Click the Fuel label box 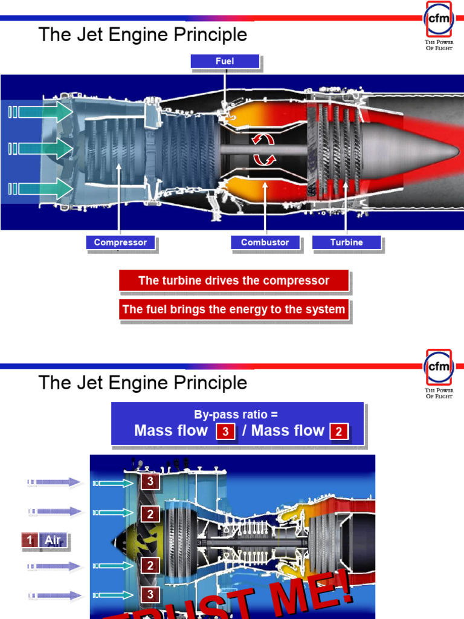point(225,61)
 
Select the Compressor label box point(120,242)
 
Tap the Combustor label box point(265,242)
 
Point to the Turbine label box point(346,242)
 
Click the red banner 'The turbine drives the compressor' point(234,280)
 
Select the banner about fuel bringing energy point(234,309)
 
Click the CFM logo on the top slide point(439,19)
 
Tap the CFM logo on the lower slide point(439,367)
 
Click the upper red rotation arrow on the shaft point(262,140)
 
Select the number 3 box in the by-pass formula point(225,432)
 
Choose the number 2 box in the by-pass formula point(339,432)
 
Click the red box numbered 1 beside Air point(30,540)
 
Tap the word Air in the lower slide point(54,540)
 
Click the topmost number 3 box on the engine point(150,482)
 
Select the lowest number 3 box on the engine point(150,595)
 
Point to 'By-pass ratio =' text point(236,415)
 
